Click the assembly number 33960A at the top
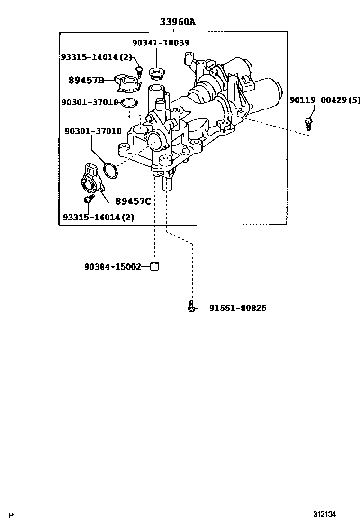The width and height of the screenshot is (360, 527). coord(177,22)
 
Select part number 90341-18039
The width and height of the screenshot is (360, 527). coord(161,43)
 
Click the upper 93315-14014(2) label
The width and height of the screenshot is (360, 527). coord(96,57)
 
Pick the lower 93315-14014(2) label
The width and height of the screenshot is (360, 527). coord(99,218)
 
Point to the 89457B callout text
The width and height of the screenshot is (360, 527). coord(86,81)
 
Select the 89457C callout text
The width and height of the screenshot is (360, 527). coord(134,201)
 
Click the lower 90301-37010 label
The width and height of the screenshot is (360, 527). coord(93,131)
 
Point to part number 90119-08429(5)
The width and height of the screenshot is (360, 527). coord(325,100)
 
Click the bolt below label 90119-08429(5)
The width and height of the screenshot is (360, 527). coord(308,123)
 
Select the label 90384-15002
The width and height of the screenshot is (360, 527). coord(113,267)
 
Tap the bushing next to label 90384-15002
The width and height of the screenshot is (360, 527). coord(154,266)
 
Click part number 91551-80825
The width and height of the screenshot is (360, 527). coord(238,308)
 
